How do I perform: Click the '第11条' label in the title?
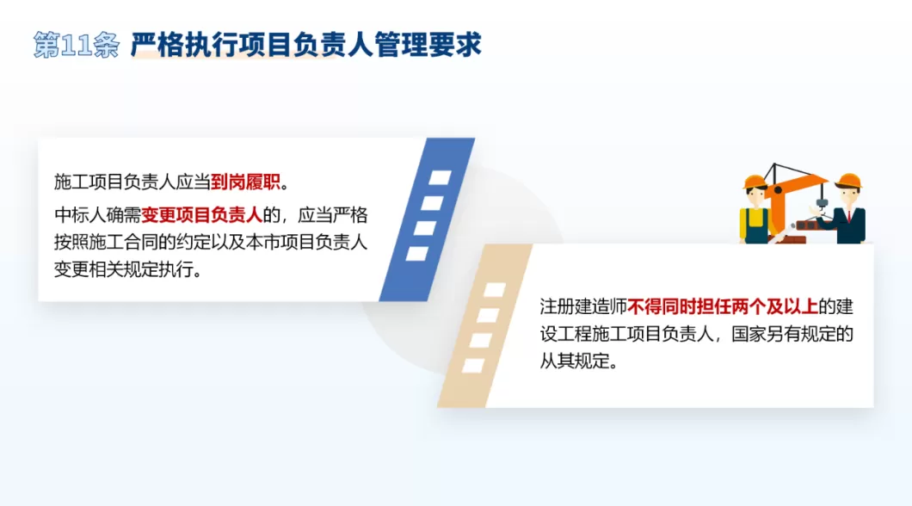[76, 45]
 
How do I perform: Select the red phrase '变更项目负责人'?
[201, 214]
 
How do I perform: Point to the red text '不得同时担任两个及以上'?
[722, 306]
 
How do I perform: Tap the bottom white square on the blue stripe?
[417, 254]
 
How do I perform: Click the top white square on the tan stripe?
[496, 290]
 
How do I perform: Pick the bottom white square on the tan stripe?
[473, 365]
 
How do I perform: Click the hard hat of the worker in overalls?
[755, 181]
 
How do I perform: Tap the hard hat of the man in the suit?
[849, 180]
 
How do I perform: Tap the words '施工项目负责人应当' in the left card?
[132, 182]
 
